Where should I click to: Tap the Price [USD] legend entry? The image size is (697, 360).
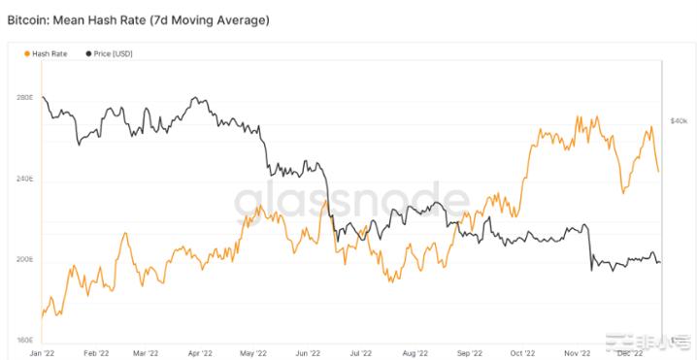(x=110, y=53)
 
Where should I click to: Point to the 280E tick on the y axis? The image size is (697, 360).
(x=25, y=98)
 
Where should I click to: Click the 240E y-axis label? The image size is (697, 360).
(x=25, y=180)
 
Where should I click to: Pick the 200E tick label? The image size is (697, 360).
(x=25, y=260)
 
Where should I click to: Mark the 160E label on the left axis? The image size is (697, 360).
(x=25, y=341)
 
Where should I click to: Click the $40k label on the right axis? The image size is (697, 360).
(x=680, y=120)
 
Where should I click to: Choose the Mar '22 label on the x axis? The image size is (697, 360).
(x=147, y=352)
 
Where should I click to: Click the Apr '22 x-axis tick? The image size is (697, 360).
(x=200, y=352)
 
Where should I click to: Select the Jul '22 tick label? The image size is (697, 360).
(x=359, y=352)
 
